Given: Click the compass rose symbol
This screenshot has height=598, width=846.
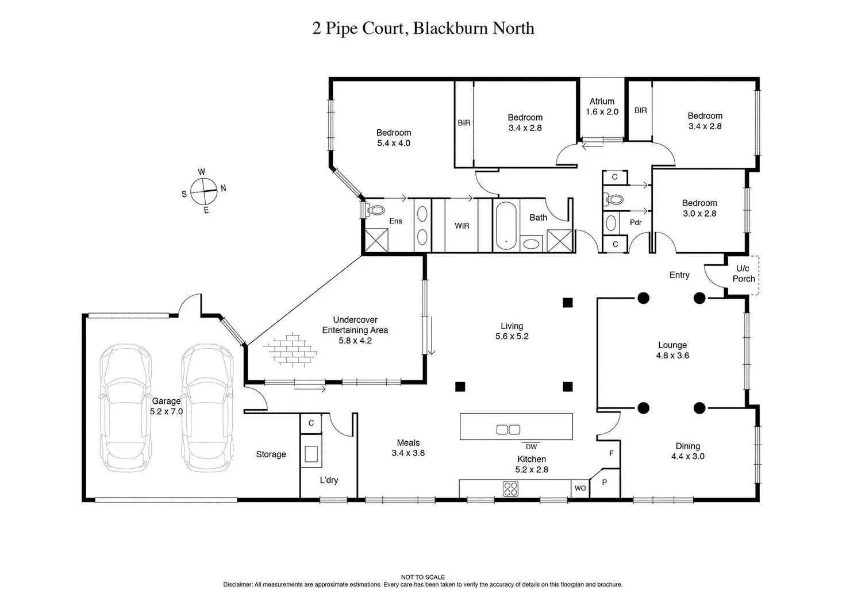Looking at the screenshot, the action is pos(203,191).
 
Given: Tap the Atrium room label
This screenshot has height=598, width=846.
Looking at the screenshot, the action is pos(602,101).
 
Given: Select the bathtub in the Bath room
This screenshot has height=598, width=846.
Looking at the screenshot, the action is pos(506,226).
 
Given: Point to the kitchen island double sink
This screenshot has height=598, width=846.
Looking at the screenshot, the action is pos(508,429).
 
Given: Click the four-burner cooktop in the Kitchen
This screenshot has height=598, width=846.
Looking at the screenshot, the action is pos(510,488).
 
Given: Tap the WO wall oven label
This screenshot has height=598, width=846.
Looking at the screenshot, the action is pos(580,488).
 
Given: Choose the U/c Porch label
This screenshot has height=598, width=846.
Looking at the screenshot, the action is pos(743,273).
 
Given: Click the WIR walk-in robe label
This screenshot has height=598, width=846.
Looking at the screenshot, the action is pos(462,226).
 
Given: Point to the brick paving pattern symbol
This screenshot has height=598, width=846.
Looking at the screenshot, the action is pos(292,349).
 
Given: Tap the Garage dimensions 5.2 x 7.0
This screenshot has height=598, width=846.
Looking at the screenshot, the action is pos(166,411).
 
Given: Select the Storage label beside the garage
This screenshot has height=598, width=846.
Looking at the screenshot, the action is pos(271,454).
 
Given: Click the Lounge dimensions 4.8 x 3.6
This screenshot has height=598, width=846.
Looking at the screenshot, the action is pos(672,355).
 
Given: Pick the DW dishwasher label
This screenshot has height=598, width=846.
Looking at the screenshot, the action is pos(531,447).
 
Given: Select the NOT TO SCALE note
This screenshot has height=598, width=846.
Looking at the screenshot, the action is pos(422,577).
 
